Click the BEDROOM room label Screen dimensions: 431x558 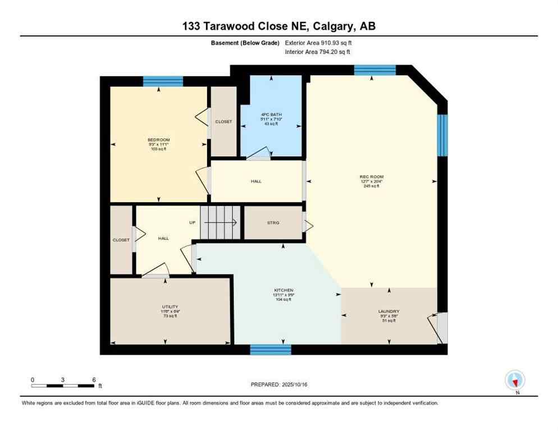(x=158, y=140)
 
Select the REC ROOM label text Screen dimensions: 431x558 (x=371, y=177)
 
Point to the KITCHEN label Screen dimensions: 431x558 (x=284, y=290)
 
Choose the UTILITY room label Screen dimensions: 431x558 (x=170, y=306)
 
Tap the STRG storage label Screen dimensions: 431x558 (x=273, y=223)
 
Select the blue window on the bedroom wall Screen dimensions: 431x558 (x=163, y=81)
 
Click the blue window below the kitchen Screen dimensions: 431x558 (x=271, y=350)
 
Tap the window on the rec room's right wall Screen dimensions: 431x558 (x=442, y=135)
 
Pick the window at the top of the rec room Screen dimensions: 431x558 (x=374, y=70)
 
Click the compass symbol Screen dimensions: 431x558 (x=515, y=380)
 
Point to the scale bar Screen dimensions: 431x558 (x=63, y=386)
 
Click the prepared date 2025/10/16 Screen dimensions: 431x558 (x=279, y=384)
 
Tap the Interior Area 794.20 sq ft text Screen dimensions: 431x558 (x=317, y=52)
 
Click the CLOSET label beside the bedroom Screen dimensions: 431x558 (x=223, y=121)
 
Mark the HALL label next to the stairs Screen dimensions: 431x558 (x=163, y=239)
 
